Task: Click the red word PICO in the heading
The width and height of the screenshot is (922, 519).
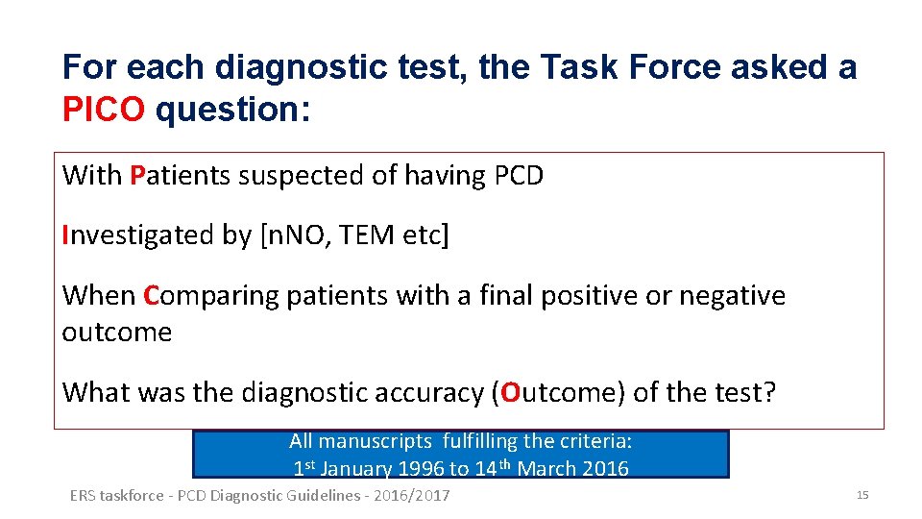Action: (x=104, y=110)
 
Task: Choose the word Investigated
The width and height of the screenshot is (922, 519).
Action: (x=128, y=235)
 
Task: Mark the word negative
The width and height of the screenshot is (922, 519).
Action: (x=732, y=296)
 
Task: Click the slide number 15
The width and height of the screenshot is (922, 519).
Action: (x=861, y=495)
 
